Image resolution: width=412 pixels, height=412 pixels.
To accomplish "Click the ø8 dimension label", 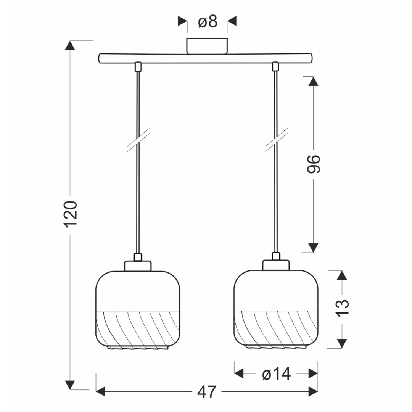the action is click(x=208, y=21).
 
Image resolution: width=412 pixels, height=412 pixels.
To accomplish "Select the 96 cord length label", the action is click(x=314, y=164).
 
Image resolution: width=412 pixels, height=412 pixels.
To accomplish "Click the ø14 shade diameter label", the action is click(x=277, y=373).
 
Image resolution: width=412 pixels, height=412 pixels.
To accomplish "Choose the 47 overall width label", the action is click(x=207, y=392).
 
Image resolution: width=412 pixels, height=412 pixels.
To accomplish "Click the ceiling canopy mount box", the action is click(x=207, y=46).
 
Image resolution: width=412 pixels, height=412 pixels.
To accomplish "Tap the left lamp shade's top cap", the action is click(x=138, y=266).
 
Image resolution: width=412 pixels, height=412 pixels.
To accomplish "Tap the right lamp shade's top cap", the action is click(x=276, y=265).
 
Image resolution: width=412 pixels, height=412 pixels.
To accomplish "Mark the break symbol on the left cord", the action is click(x=138, y=140).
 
